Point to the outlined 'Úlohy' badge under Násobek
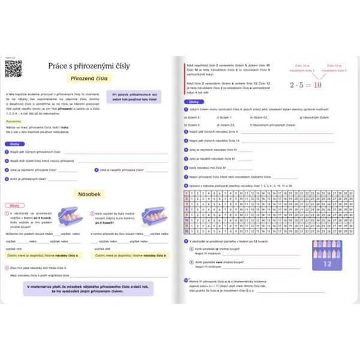click(13, 205)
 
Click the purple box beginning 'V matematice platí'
click(88, 289)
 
